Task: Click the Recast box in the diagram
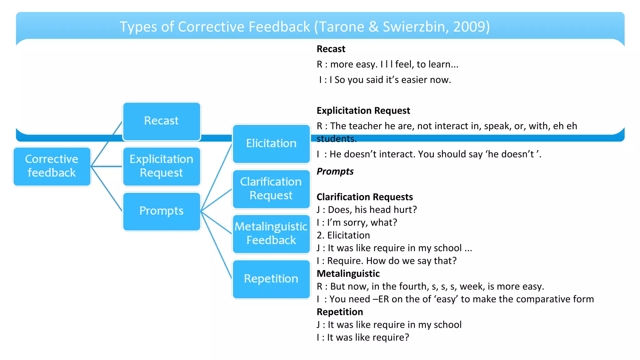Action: (161, 121)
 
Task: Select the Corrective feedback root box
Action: (52, 166)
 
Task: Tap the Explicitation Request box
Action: (161, 166)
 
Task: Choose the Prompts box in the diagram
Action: (161, 211)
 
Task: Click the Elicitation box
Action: (271, 144)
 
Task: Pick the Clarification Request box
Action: (271, 189)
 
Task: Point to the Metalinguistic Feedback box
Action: (271, 234)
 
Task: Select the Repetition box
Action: (271, 279)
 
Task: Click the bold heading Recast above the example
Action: (331, 49)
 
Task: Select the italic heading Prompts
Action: (335, 172)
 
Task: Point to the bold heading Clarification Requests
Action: (365, 197)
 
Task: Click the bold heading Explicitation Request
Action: (363, 111)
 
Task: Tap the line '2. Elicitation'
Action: (343, 235)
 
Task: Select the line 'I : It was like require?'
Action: (362, 337)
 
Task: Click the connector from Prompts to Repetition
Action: (216, 245)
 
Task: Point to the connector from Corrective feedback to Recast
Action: (106, 144)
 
